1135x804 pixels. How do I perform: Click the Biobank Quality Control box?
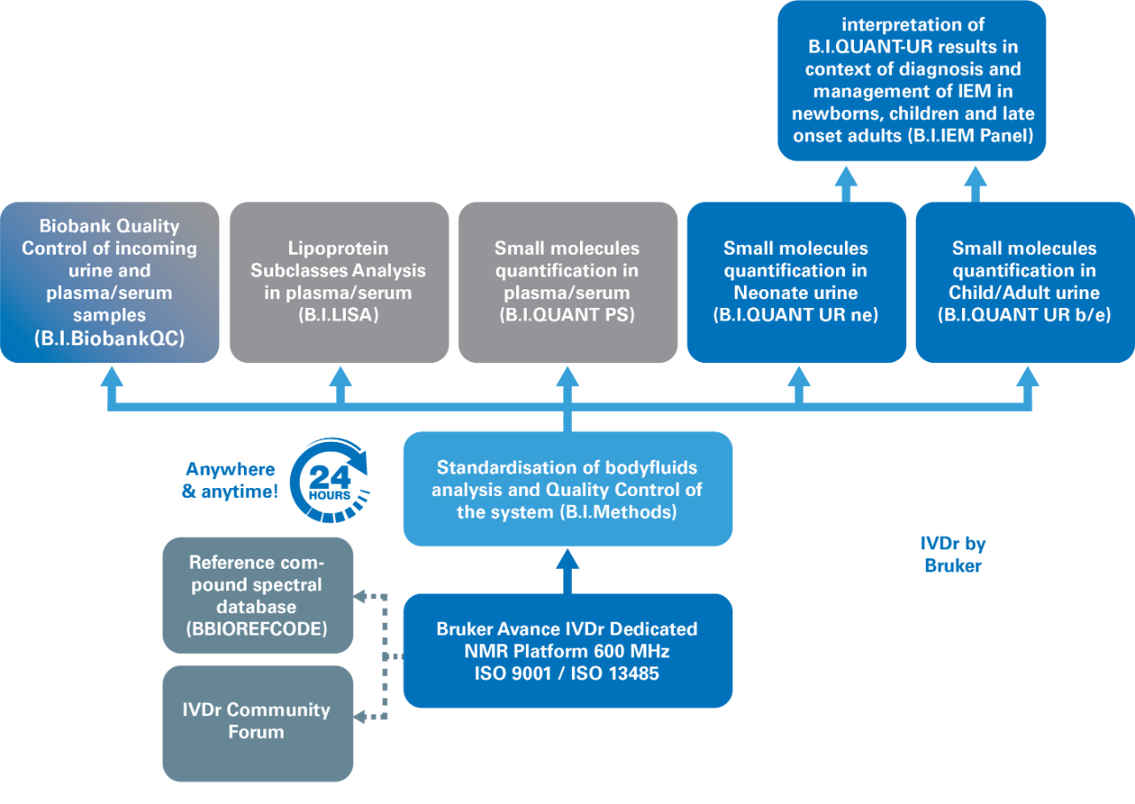[110, 282]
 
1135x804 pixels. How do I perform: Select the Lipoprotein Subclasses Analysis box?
[339, 282]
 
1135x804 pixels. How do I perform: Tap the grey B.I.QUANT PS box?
[567, 282]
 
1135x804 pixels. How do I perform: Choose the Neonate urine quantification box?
[796, 282]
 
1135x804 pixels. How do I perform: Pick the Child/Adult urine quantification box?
[1025, 282]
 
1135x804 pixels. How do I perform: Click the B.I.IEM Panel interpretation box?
[912, 81]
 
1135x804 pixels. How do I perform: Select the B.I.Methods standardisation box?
[567, 489]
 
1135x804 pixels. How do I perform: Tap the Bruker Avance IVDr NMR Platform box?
[567, 650]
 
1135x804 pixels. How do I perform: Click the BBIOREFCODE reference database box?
[258, 595]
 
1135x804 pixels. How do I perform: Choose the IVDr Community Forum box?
[258, 722]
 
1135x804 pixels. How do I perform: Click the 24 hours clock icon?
[329, 480]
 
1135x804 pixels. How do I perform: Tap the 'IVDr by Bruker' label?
[953, 555]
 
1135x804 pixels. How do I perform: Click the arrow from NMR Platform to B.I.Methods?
[567, 569]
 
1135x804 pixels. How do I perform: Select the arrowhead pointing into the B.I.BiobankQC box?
[112, 376]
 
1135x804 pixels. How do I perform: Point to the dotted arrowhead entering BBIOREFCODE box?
[361, 596]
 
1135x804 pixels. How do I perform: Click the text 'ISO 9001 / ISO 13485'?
[567, 674]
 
